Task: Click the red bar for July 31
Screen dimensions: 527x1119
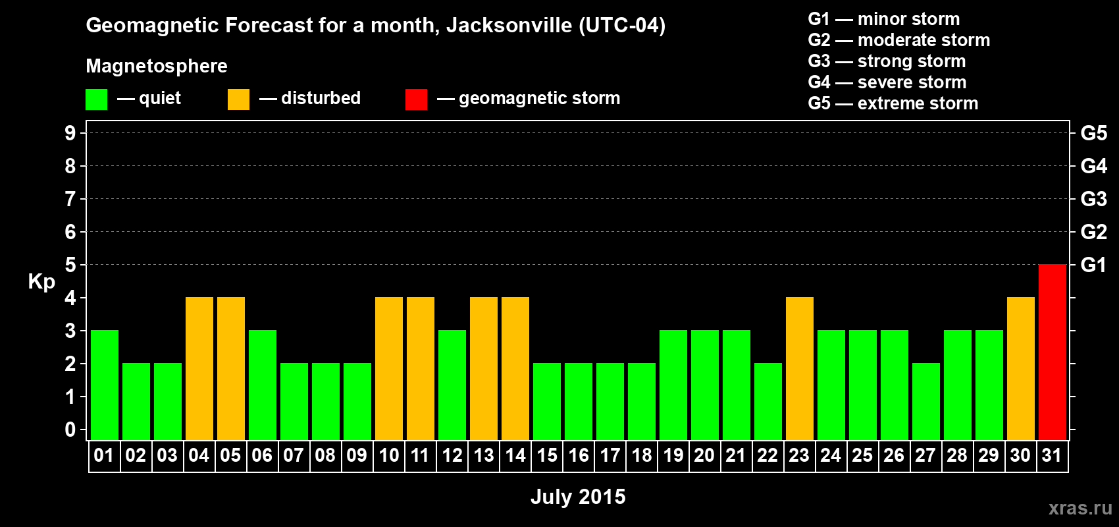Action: click(x=1052, y=352)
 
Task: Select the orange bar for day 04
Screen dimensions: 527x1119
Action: click(x=199, y=368)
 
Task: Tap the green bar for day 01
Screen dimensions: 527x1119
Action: click(x=105, y=385)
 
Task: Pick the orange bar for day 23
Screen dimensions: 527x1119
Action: click(x=800, y=368)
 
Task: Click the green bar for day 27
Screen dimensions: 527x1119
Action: click(x=926, y=401)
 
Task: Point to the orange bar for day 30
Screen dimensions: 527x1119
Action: click(x=1021, y=368)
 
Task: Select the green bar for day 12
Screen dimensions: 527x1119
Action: click(x=452, y=385)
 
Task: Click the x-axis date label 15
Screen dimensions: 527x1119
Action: click(x=547, y=456)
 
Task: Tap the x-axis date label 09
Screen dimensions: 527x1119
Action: click(x=357, y=456)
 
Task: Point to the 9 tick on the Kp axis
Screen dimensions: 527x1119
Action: click(x=70, y=133)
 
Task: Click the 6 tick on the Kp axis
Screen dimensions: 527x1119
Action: click(x=70, y=232)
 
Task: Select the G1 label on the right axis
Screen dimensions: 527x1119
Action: click(x=1093, y=265)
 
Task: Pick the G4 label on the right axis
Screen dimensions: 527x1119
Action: click(x=1093, y=166)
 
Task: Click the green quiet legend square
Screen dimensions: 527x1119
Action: click(x=96, y=99)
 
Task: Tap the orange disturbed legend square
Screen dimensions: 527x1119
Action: click(x=238, y=99)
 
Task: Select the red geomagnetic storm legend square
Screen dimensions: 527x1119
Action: click(x=416, y=99)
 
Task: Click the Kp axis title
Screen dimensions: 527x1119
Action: click(x=41, y=282)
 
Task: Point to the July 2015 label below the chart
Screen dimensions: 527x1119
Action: click(x=578, y=497)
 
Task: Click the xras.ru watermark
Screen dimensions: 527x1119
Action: click(x=1080, y=508)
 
